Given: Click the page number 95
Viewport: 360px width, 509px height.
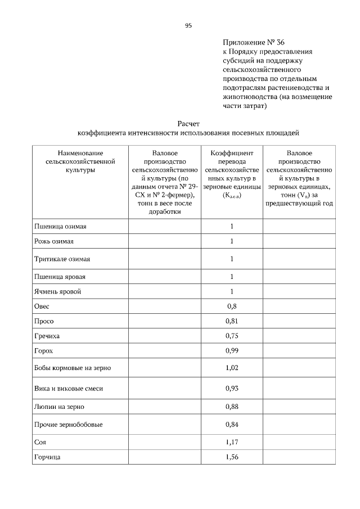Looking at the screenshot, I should tap(188, 25).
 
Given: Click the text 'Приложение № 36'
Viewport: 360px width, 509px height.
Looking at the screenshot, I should tap(251, 42).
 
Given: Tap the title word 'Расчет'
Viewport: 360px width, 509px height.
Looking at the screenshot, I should tap(188, 123).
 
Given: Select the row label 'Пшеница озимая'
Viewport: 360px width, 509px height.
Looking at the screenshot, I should tap(58, 227).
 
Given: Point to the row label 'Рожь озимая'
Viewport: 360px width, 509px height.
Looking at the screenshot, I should tap(54, 242).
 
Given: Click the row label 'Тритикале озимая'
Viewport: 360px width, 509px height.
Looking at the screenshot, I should tap(62, 259).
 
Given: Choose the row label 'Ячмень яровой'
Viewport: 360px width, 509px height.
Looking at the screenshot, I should tap(57, 291).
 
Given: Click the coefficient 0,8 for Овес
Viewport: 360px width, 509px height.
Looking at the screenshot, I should tap(231, 307).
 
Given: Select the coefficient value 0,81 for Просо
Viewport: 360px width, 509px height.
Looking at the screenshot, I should tap(231, 321).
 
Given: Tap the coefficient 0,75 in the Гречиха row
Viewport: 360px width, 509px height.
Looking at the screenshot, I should tap(231, 336).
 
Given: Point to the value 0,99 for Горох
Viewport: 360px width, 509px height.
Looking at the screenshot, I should tap(231, 350).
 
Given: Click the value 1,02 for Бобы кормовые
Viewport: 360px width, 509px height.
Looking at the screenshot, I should tap(231, 368).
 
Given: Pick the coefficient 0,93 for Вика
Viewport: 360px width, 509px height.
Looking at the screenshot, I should tap(231, 388).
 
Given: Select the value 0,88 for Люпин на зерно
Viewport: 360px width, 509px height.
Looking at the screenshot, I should tap(231, 406).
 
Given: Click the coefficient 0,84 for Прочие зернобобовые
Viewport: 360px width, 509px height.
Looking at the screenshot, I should tap(231, 424).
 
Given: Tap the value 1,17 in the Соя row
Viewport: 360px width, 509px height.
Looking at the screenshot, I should tap(231, 442).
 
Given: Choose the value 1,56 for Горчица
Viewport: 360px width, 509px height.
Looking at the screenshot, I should tap(231, 457).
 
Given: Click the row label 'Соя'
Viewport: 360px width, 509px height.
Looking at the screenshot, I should tap(40, 442).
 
